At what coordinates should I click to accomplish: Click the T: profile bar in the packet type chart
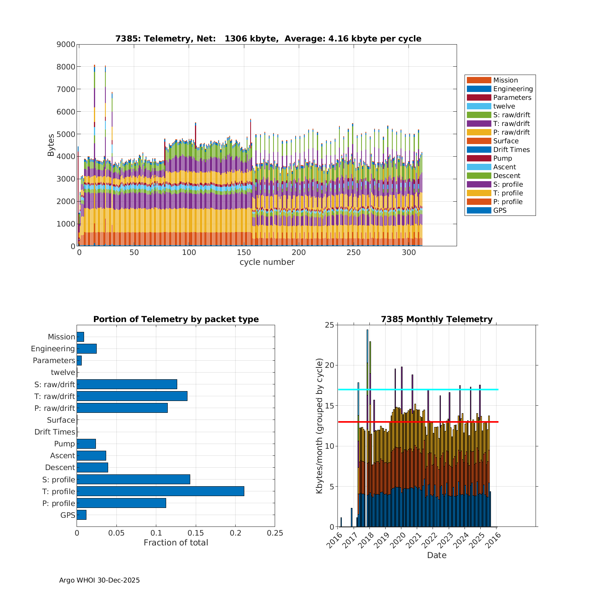(x=160, y=491)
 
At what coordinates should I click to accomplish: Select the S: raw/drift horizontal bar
(x=127, y=384)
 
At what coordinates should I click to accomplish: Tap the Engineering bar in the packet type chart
(x=86, y=348)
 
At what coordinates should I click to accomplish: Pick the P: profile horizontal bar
(x=121, y=503)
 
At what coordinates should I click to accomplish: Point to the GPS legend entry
(x=500, y=210)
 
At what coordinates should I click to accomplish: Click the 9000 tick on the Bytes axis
(x=66, y=45)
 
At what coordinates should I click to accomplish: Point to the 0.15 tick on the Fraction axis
(x=196, y=533)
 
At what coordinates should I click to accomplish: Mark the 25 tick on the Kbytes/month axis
(x=329, y=325)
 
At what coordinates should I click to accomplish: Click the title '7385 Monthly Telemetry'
(x=437, y=319)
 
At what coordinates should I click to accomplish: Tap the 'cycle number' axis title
(x=267, y=262)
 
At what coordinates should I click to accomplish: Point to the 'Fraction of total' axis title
(x=176, y=543)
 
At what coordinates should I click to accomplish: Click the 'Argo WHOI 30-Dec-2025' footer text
(x=99, y=581)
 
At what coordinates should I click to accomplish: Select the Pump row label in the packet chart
(x=64, y=444)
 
